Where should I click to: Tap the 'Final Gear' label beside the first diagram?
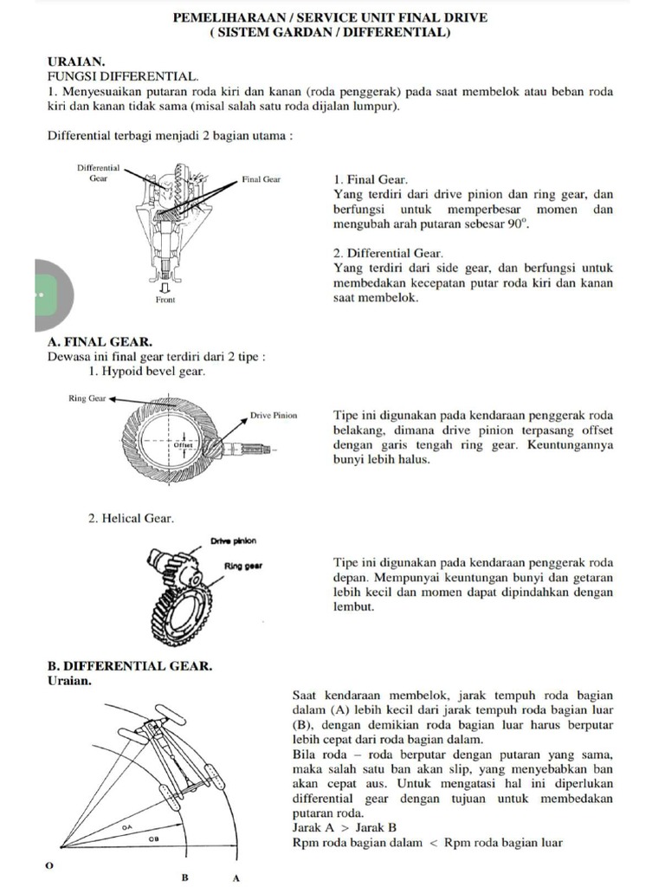(x=261, y=180)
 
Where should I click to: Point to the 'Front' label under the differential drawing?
(x=165, y=299)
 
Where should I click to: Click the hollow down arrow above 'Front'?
(x=165, y=285)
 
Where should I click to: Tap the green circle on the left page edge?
(x=42, y=295)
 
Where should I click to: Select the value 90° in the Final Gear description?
(x=516, y=224)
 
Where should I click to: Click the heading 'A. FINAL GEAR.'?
(x=99, y=342)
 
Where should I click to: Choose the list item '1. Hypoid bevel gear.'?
(x=147, y=371)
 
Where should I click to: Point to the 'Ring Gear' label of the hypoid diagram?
(x=86, y=399)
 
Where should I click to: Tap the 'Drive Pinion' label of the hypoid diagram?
(x=273, y=416)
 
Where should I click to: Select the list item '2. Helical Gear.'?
(x=132, y=518)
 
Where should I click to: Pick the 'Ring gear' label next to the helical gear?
(x=243, y=567)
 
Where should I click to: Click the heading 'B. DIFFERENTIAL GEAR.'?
(x=129, y=666)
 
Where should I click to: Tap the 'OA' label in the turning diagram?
(x=126, y=828)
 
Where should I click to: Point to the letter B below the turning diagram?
(x=184, y=877)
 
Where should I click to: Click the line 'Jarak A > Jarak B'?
(x=341, y=826)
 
